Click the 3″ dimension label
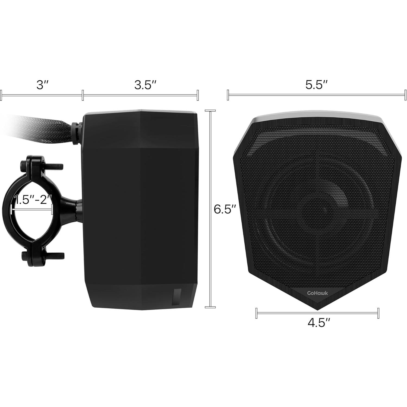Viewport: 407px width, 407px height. pos(42,85)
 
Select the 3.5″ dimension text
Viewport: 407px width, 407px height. pos(145,85)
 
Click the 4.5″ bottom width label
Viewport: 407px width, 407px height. pos(319,323)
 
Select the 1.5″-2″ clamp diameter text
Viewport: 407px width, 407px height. pos(33,200)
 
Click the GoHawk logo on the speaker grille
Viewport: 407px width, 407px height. pos(317,293)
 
